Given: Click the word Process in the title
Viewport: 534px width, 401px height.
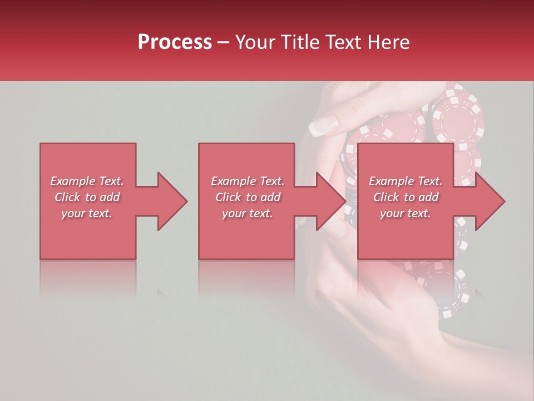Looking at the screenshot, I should click(x=175, y=42).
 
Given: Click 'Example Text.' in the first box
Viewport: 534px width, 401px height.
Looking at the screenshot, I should click(x=87, y=181).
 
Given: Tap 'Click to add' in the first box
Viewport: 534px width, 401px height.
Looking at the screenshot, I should click(x=87, y=197).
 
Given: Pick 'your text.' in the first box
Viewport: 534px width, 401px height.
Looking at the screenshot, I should click(x=87, y=213).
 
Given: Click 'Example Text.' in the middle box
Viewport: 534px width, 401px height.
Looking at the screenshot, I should click(x=248, y=181).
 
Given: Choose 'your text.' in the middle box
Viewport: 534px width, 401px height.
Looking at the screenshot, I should click(x=248, y=213).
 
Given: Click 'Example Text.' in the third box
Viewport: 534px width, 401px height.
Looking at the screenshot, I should click(x=406, y=181).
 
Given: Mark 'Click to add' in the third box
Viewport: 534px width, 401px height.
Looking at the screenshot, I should click(x=406, y=197).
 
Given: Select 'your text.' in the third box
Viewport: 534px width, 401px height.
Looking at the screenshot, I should click(x=406, y=213).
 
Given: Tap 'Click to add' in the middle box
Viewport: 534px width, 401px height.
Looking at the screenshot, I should click(x=248, y=197).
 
